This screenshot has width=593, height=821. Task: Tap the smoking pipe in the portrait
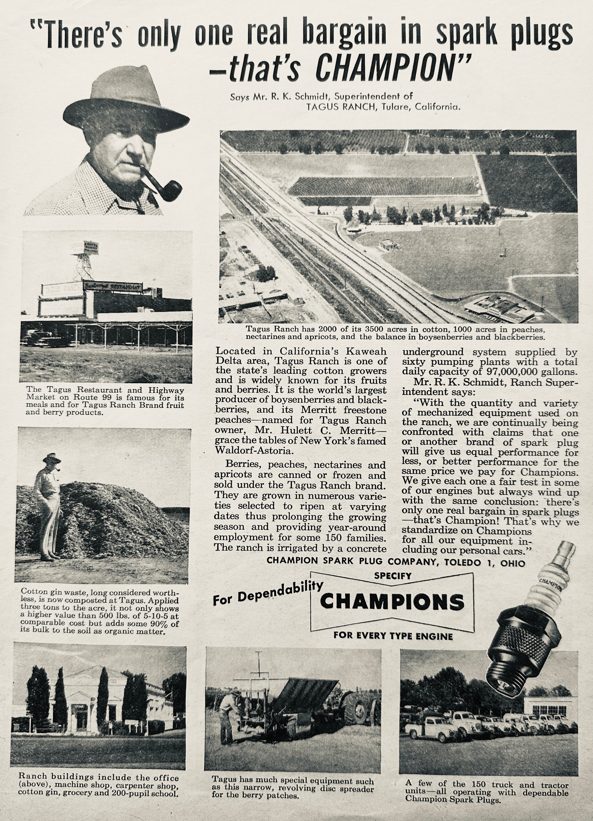[x=163, y=186]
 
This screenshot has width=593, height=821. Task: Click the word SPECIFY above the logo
[x=393, y=576]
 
